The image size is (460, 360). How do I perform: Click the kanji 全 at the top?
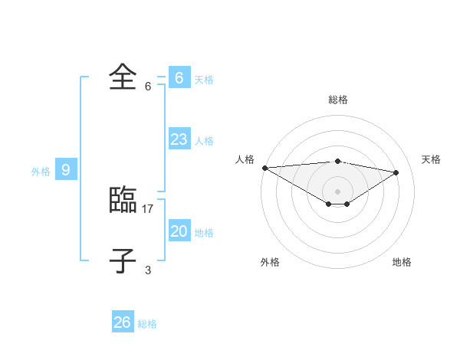[123, 77]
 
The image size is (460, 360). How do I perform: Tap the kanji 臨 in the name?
[123, 200]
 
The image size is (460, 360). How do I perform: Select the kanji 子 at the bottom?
[123, 260]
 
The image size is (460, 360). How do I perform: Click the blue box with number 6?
[179, 77]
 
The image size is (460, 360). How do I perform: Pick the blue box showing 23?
[179, 139]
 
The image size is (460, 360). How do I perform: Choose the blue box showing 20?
[179, 231]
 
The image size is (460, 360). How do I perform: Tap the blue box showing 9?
[66, 170]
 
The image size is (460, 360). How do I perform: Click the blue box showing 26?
[123, 322]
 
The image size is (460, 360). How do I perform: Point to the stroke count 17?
[148, 208]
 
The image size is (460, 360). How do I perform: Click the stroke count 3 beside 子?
[148, 270]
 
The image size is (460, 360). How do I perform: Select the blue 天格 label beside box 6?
[203, 80]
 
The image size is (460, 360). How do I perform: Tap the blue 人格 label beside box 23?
[203, 141]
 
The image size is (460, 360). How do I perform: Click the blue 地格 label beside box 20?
[203, 233]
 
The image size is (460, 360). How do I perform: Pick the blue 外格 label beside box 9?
[41, 172]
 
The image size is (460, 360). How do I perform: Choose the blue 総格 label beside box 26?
[147, 324]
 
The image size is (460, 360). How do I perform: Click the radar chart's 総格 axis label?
[337, 100]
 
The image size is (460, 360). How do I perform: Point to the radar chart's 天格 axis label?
[431, 159]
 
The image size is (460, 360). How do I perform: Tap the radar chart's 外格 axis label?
[270, 262]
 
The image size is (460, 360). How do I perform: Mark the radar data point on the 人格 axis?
[264, 167]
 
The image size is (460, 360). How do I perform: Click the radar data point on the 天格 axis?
[396, 172]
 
